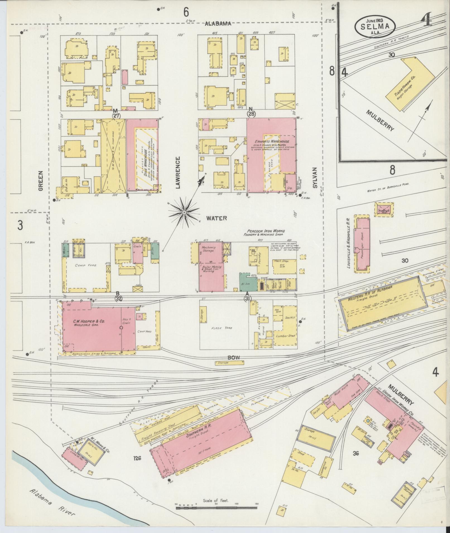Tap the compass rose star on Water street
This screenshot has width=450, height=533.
[x=184, y=213]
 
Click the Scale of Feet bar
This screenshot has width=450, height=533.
[x=216, y=508]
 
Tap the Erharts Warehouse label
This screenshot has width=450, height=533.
[x=272, y=142]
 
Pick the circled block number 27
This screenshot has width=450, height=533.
[x=116, y=116]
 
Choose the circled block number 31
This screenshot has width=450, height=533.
[x=247, y=298]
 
